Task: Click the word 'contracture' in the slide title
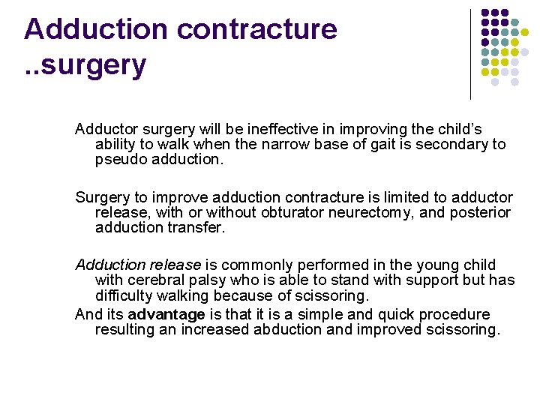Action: (256, 29)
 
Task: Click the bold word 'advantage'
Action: (167, 314)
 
